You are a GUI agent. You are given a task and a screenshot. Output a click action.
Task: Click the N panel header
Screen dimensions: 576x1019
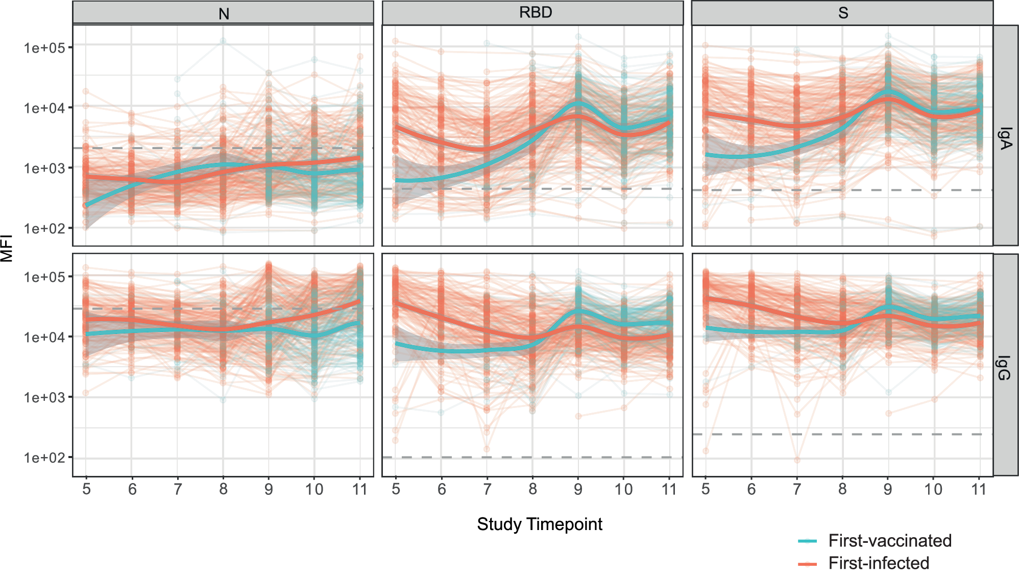223,13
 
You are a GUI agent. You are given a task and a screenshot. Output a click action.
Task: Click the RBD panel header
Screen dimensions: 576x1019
535,12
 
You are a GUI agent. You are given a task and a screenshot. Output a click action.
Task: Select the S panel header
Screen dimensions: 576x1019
843,13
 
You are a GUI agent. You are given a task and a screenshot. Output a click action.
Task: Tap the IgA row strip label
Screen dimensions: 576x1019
1005,138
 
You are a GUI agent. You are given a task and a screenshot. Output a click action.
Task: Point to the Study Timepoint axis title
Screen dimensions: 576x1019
539,524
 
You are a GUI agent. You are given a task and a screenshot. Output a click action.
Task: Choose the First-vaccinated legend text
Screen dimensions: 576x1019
889,540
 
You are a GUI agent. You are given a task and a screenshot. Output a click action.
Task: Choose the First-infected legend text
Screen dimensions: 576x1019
878,563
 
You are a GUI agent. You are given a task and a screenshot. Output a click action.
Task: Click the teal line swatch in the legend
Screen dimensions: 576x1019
807,541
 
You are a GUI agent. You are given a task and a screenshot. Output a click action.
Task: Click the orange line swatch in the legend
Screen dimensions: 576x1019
807,563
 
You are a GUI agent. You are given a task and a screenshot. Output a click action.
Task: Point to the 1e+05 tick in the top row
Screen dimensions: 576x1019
44,48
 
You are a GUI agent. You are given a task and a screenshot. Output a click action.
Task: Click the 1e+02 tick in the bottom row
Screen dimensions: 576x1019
44,458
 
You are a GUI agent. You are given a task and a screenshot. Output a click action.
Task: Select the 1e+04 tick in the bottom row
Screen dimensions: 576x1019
44,337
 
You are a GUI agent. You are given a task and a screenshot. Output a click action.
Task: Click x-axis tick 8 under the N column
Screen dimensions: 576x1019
223,489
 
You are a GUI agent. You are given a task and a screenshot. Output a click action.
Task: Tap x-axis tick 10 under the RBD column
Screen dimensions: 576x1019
623,489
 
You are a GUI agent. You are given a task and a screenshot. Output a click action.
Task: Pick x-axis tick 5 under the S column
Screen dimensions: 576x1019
706,489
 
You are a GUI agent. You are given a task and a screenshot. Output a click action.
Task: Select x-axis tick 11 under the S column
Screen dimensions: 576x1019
979,489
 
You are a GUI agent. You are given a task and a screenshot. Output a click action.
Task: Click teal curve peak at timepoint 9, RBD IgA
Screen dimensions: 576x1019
578,104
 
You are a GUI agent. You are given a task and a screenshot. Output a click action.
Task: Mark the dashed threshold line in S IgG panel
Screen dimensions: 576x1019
842,434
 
